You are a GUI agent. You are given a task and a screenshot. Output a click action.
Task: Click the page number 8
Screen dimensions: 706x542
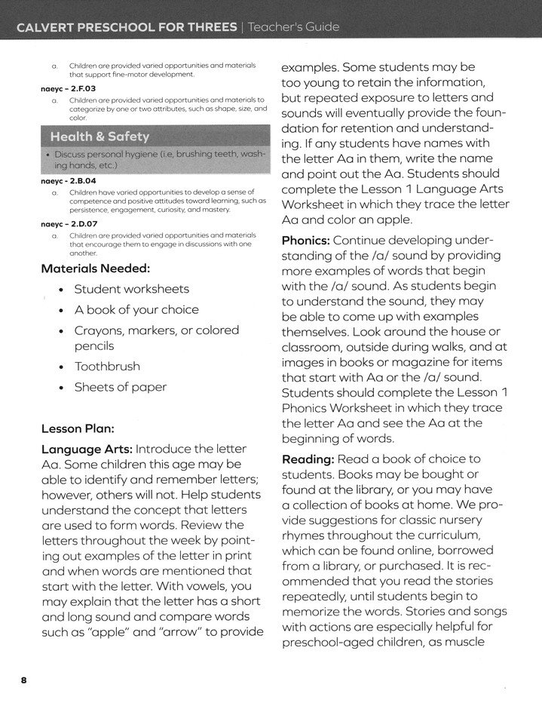24,680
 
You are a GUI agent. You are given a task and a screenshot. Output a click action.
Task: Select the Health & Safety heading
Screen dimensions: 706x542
100,137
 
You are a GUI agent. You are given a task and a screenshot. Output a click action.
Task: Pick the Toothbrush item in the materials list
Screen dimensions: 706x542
106,367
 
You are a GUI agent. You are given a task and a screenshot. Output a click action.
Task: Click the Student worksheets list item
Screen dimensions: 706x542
131,289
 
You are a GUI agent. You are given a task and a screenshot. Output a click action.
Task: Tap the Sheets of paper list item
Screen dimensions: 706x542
120,387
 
